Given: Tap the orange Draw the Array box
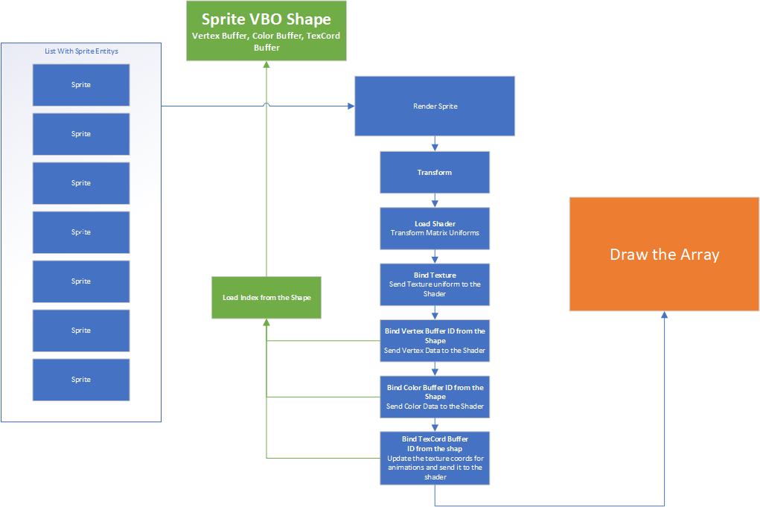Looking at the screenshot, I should [664, 255].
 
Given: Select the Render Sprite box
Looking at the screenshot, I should [435, 106].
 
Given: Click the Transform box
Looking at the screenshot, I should [435, 173].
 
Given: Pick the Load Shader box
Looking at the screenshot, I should [435, 229].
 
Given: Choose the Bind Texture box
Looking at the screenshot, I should [435, 284].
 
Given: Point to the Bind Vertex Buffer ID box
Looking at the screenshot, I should [435, 340].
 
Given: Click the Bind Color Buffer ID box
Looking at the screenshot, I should [435, 397].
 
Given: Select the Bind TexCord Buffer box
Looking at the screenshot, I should [435, 458].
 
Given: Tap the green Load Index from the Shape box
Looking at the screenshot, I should [266, 298].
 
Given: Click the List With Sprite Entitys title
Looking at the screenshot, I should [81, 51].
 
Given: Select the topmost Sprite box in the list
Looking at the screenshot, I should [81, 85].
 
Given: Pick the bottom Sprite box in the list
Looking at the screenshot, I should [81, 380].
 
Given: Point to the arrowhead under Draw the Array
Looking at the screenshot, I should [664, 316].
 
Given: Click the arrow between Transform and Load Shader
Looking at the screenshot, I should [435, 200].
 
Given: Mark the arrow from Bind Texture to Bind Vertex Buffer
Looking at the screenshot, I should [435, 313].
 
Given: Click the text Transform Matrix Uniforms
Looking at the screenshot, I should [435, 233].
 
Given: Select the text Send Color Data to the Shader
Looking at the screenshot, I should [435, 406].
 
